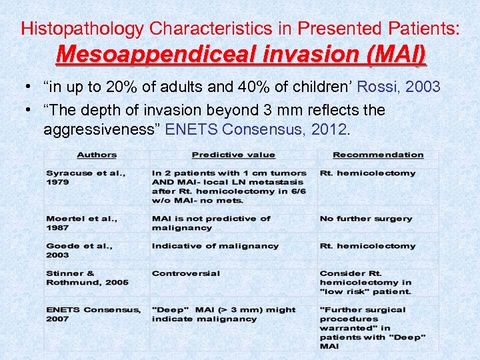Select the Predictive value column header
(x=233, y=155)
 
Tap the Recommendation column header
(x=378, y=155)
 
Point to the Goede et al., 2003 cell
(x=79, y=250)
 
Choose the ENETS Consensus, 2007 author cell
(x=93, y=314)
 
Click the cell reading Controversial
(x=185, y=273)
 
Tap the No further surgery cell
(x=366, y=219)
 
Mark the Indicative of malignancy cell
(x=215, y=246)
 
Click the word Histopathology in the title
(x=83, y=29)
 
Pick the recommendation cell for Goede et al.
(x=367, y=246)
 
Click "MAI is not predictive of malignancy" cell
(x=211, y=223)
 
